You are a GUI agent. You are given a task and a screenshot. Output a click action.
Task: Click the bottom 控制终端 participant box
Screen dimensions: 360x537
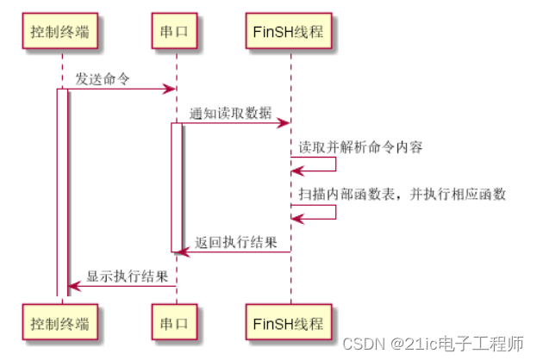pos(62,324)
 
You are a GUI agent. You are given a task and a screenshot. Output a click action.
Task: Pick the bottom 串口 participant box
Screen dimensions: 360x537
pos(175,324)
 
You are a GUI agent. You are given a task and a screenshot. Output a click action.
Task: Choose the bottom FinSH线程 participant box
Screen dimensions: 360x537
pos(290,324)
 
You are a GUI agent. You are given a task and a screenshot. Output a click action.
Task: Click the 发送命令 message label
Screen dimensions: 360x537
pos(103,78)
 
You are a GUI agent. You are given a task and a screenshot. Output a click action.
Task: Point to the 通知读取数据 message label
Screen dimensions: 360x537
pos(230,113)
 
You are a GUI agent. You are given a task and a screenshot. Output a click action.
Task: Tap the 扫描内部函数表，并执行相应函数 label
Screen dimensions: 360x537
pos(402,194)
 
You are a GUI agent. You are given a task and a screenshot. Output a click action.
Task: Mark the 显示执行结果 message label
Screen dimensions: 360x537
pos(122,276)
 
